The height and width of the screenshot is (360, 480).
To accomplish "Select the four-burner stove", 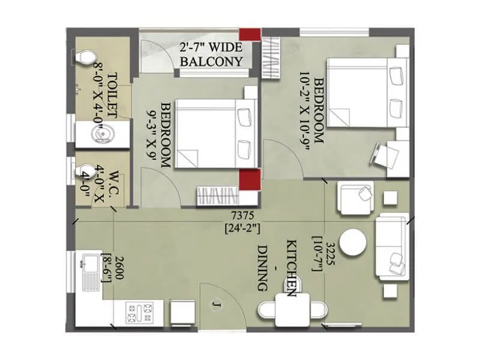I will pyautogui.click(x=140, y=312).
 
